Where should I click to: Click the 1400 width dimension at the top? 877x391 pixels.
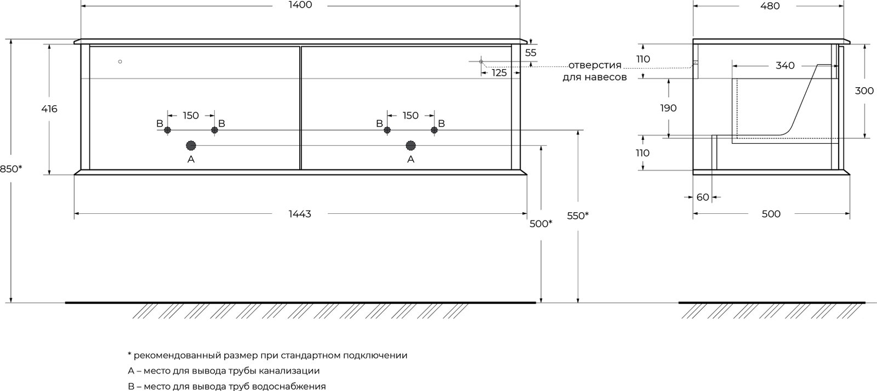tap(300, 5)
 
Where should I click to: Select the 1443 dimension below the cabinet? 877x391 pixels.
tap(300, 214)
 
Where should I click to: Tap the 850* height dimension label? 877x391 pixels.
tap(11, 169)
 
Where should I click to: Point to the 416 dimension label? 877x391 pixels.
tap(49, 109)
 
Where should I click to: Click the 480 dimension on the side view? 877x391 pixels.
tap(770, 6)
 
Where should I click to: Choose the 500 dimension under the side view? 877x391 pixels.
tap(771, 214)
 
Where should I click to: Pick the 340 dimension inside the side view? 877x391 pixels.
tap(785, 65)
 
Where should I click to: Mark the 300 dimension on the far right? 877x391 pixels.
tap(864, 91)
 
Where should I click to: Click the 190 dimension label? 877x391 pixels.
tap(668, 107)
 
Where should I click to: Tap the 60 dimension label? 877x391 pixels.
tap(703, 197)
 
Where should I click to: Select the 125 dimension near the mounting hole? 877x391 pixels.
tap(499, 73)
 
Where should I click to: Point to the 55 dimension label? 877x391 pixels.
tap(531, 53)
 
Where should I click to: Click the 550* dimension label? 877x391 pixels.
tap(578, 216)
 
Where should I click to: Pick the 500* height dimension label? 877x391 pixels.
tap(540, 224)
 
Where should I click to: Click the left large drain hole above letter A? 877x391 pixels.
tap(191, 146)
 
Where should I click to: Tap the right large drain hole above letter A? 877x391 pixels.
tap(411, 146)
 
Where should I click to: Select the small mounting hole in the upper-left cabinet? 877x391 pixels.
tap(120, 61)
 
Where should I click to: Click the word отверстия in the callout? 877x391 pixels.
tap(595, 65)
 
